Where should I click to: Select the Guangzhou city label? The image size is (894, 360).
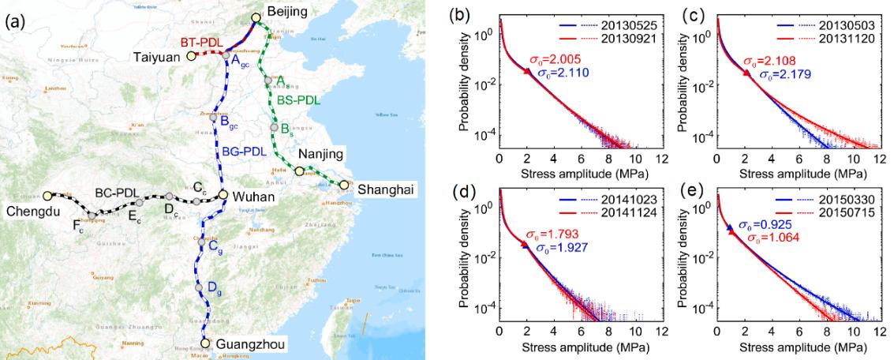(x=244, y=343)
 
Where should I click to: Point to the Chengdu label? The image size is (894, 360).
(x=33, y=211)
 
